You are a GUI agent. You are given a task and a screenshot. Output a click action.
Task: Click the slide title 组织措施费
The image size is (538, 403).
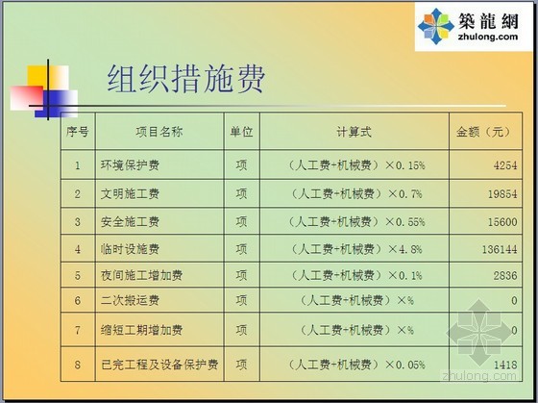click(186, 79)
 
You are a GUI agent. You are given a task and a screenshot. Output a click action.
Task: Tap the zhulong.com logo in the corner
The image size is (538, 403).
click(473, 26)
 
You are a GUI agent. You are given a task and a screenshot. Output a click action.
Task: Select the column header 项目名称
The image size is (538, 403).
click(159, 132)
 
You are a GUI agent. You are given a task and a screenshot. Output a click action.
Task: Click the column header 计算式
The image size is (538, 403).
click(355, 132)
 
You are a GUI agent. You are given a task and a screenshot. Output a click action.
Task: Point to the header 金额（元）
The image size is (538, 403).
click(484, 132)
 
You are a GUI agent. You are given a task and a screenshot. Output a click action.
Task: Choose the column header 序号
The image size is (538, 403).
click(78, 132)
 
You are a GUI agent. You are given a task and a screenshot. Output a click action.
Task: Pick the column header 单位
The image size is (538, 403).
click(241, 132)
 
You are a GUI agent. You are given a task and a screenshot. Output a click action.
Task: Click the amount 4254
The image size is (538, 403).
click(505, 165)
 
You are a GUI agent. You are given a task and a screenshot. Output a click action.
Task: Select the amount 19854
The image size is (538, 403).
click(502, 194)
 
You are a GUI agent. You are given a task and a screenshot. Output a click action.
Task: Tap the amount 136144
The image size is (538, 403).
click(500, 249)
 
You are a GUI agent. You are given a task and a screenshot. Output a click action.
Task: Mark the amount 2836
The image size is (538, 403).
click(505, 275)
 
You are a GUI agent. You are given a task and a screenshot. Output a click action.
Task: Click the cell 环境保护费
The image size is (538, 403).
click(130, 165)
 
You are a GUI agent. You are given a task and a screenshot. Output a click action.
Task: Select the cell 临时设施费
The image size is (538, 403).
click(130, 249)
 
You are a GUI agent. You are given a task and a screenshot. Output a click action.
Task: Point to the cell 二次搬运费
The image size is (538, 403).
click(130, 301)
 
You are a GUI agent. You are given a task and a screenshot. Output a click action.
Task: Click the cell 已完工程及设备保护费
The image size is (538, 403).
click(159, 365)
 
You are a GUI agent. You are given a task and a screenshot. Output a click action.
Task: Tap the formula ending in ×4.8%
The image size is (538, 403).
click(356, 249)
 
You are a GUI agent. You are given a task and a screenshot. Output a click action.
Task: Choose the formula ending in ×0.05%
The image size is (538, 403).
click(356, 365)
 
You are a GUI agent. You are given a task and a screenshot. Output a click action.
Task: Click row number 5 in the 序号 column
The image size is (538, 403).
click(78, 275)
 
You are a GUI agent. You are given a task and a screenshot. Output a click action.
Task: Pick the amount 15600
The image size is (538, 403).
click(502, 221)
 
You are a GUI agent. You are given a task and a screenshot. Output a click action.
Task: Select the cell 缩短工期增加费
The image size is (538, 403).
click(142, 330)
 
